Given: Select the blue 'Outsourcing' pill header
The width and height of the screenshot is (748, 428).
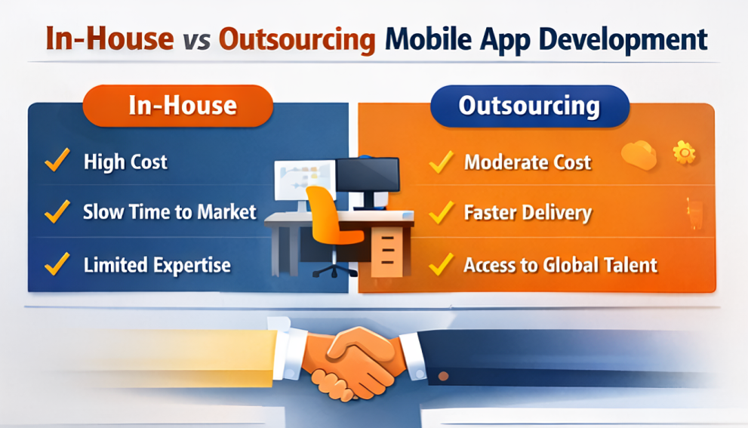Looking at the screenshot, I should tap(529, 106).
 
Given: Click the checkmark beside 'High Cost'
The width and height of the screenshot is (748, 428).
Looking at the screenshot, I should tap(57, 161).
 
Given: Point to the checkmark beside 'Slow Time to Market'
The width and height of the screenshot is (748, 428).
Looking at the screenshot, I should tap(57, 212).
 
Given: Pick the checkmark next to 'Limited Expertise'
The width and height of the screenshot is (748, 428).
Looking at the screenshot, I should tap(57, 264).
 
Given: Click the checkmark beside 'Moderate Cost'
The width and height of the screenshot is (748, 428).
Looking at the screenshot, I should tap(441, 162).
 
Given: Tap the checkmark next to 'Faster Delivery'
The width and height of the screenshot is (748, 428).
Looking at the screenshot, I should tap(441, 213).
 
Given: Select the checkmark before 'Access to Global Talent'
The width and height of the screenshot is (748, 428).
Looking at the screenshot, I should tap(441, 264).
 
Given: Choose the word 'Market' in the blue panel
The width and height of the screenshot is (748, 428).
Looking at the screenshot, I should tap(227, 212).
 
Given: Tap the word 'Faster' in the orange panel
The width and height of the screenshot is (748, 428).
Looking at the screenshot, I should tap(490, 213).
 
